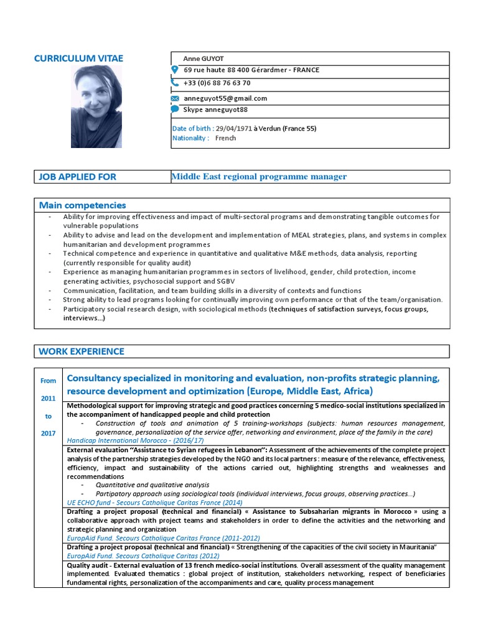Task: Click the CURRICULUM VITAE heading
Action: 78,58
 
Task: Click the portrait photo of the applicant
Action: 96,108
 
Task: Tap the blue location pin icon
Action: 175,70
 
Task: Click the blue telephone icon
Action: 175,82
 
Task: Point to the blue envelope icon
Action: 175,98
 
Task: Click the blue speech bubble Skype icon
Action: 175,109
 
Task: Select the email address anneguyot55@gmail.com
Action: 225,98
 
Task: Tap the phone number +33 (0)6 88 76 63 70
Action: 217,83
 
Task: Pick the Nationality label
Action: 190,138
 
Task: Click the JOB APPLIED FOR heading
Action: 77,177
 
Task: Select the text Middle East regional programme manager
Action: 259,177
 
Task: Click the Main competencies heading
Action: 82,205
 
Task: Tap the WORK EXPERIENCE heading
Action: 82,351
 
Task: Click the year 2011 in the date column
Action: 49,398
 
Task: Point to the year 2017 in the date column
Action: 49,433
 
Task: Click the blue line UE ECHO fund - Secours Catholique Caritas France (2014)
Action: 154,502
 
